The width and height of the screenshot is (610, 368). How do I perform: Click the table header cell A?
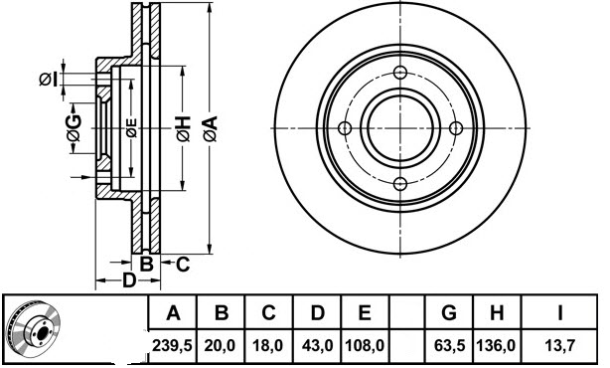(173, 314)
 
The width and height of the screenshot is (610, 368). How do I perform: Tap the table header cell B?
(222, 314)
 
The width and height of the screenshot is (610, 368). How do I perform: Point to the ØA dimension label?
(210, 127)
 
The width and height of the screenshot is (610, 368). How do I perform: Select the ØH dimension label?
(183, 127)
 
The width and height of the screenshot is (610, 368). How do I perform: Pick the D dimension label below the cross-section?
(128, 281)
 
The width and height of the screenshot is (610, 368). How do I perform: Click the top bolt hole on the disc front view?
(400, 73)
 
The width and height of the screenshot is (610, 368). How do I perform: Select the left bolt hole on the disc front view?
(346, 127)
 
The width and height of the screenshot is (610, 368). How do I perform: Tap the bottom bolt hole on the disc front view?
(400, 182)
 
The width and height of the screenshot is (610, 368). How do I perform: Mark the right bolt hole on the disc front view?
(455, 127)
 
